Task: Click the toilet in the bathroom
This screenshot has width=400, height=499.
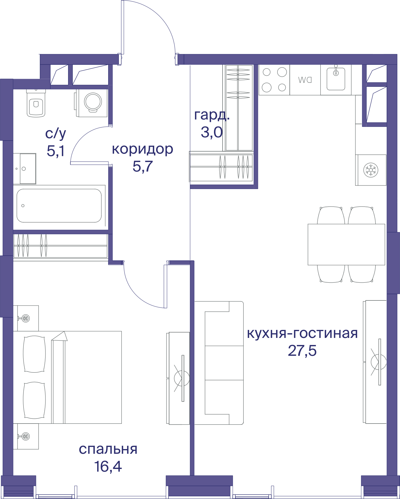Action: point(36,103)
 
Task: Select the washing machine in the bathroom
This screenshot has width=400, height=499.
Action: point(92,103)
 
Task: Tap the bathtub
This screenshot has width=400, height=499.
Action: point(59,206)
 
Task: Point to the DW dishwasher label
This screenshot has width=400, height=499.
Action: point(305,80)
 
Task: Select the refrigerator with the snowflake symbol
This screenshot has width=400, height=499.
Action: point(371,170)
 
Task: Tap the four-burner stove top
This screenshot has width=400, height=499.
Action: point(274,80)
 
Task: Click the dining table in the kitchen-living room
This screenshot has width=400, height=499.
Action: point(347,244)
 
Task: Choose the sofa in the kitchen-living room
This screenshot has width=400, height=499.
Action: point(219,363)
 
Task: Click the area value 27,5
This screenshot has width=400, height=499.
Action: point(302,351)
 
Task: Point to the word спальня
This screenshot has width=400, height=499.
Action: point(108,449)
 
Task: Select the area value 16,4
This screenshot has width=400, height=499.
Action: point(108,467)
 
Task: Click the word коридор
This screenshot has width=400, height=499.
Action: point(142,149)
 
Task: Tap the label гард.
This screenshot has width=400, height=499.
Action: point(212,115)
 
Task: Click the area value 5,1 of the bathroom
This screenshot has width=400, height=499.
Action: point(56,151)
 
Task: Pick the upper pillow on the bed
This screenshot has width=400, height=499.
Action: point(34,354)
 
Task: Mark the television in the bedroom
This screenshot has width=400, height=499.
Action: point(182,378)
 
